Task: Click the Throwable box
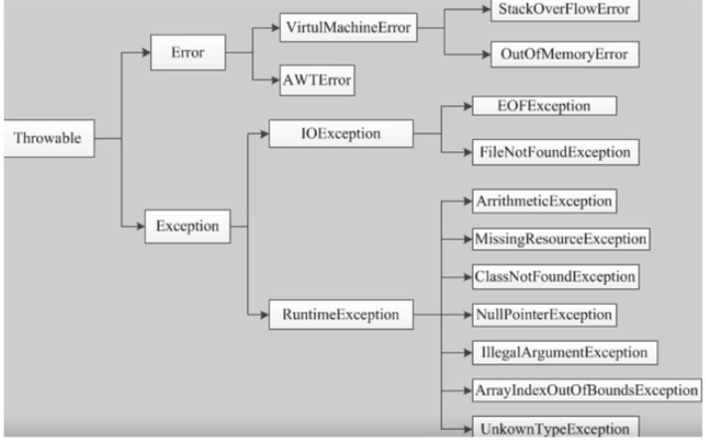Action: point(49,138)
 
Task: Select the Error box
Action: point(188,53)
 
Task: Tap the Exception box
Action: point(188,226)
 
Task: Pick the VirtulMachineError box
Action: point(349,28)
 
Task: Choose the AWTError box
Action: point(317,80)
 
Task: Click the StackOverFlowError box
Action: point(565,10)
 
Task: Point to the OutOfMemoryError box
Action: point(565,55)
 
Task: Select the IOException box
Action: point(341,133)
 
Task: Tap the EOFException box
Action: point(544,106)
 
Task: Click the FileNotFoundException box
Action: point(556,152)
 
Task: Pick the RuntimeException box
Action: point(341,314)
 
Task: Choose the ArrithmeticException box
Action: point(544,201)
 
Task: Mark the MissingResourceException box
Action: point(561,239)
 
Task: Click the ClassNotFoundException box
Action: point(556,276)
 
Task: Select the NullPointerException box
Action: point(544,315)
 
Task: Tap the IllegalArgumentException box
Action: point(565,353)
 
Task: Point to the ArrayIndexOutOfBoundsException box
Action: point(587,390)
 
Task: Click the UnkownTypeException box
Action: point(556,427)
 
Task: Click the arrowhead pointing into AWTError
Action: point(275,80)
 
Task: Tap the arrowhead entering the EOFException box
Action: point(468,106)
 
